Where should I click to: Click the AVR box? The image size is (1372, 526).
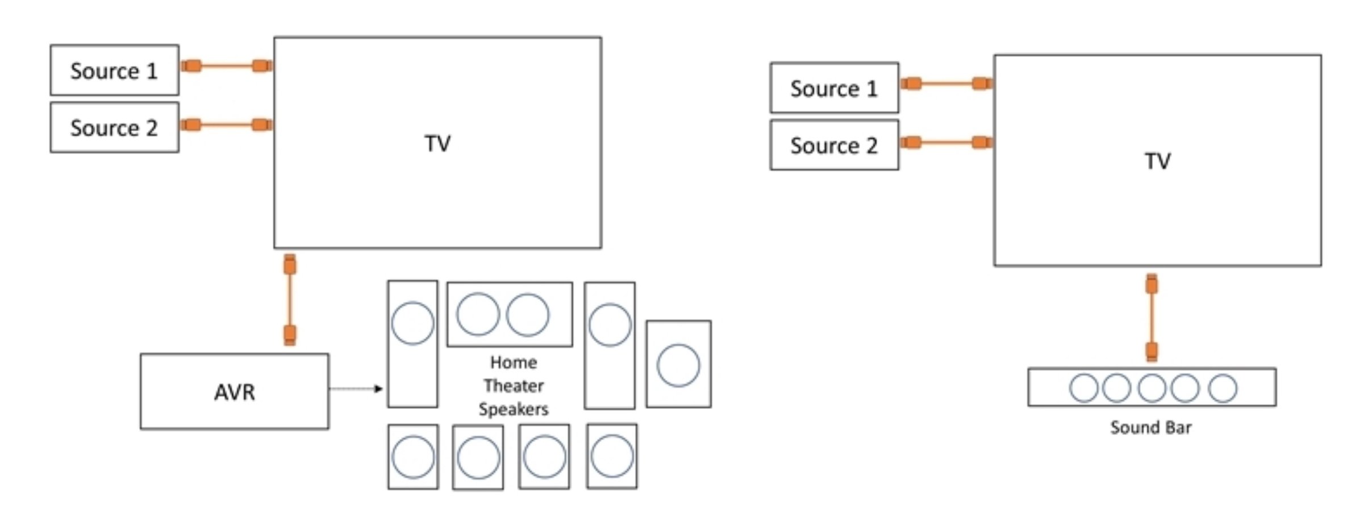pyautogui.click(x=234, y=391)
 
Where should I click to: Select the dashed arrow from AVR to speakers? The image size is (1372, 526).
pyautogui.click(x=356, y=389)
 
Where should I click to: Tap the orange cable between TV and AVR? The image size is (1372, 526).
pyautogui.click(x=290, y=300)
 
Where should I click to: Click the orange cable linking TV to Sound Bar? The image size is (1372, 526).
pyautogui.click(x=1152, y=317)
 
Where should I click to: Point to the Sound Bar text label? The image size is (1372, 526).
pyautogui.click(x=1150, y=428)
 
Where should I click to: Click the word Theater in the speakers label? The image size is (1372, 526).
pyautogui.click(x=514, y=386)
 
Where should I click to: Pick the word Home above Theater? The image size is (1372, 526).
pyautogui.click(x=514, y=363)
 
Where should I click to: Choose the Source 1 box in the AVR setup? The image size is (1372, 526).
pyautogui.click(x=114, y=71)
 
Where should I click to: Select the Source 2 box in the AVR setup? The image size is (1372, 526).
pyautogui.click(x=114, y=128)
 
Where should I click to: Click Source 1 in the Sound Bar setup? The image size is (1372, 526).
pyautogui.click(x=834, y=88)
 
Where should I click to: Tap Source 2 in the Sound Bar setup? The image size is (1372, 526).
pyautogui.click(x=834, y=146)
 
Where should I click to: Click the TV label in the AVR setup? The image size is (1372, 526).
pyautogui.click(x=437, y=143)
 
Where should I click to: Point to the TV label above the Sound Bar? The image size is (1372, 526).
pyautogui.click(x=1157, y=161)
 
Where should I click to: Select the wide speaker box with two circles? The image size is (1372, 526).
pyautogui.click(x=510, y=314)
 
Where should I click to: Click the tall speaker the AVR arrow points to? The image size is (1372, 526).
pyautogui.click(x=412, y=344)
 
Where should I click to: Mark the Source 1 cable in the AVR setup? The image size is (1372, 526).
pyautogui.click(x=226, y=66)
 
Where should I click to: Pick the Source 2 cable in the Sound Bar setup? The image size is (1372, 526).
pyautogui.click(x=946, y=142)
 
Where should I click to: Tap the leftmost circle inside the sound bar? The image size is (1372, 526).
pyautogui.click(x=1083, y=388)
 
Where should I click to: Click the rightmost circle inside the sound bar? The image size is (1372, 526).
pyautogui.click(x=1223, y=388)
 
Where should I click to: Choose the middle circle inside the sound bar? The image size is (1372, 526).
pyautogui.click(x=1152, y=388)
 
